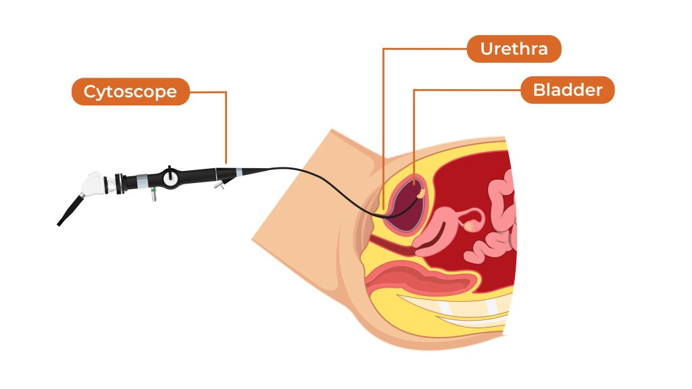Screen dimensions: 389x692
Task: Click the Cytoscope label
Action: coord(130,91)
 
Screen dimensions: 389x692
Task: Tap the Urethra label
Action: coord(514,49)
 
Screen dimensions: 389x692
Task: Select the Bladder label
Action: coord(567,90)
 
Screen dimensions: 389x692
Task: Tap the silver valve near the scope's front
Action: coord(218,184)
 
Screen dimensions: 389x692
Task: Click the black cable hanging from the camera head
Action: coord(70,210)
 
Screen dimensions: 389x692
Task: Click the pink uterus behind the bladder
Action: coord(439,226)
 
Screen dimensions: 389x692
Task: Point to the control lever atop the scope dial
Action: coord(172,168)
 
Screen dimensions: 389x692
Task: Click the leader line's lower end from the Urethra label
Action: coord(383,206)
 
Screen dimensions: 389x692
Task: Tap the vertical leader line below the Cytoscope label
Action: coord(226,128)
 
